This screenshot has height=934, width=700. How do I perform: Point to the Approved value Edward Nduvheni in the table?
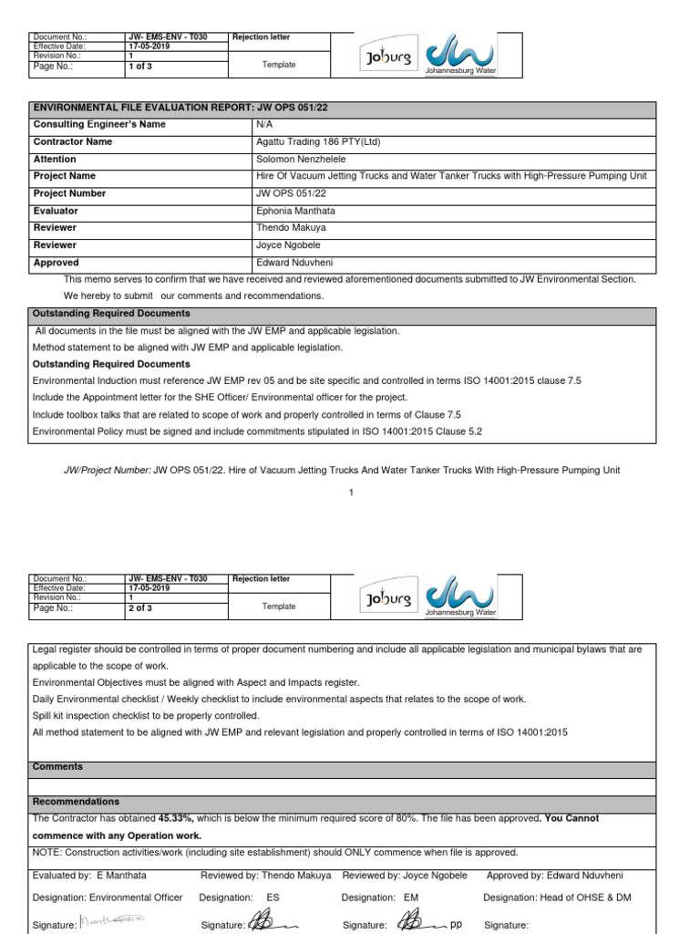pos(293,263)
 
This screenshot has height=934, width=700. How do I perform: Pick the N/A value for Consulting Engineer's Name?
pos(262,125)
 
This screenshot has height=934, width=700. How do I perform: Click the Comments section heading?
pos(57,767)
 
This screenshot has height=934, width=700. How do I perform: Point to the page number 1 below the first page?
pos(350,493)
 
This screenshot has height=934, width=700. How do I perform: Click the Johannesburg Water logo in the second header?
pos(460,597)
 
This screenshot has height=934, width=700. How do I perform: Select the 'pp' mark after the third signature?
pos(457,924)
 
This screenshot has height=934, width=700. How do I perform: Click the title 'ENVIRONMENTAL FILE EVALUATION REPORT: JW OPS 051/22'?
pos(180,108)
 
